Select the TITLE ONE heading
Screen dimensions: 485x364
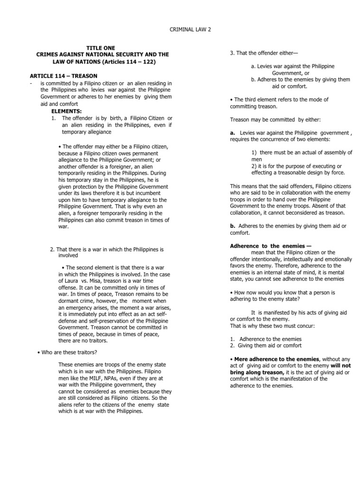[x=96, y=48]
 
